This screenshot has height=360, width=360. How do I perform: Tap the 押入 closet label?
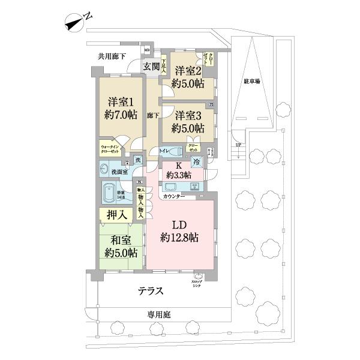tap(117, 214)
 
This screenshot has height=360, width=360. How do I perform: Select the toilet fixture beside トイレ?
tap(175, 151)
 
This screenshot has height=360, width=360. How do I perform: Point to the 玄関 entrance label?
tap(151, 67)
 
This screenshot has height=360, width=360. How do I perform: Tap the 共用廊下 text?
tap(112, 57)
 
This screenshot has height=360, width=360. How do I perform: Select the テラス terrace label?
tap(151, 291)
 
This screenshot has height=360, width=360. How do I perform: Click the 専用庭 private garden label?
tap(161, 314)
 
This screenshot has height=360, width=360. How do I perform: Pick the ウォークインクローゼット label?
tap(113, 149)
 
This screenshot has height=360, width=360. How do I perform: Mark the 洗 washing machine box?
tap(137, 160)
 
